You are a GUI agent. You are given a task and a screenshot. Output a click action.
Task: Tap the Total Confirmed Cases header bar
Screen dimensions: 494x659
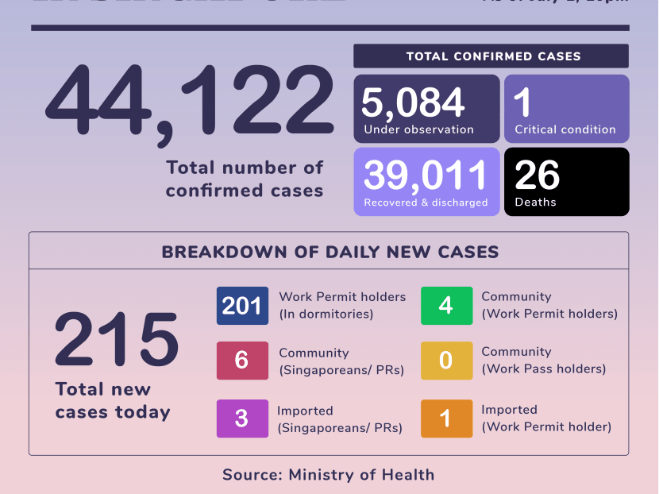coord(491,56)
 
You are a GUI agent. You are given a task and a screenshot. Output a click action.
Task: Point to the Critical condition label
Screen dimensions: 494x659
coord(565,129)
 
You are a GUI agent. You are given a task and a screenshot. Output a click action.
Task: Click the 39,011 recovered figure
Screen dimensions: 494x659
coord(425,176)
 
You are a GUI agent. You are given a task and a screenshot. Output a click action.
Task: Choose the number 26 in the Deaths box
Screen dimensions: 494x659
coord(537,176)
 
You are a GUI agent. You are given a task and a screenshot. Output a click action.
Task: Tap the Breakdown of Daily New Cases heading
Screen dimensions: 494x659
coord(329,253)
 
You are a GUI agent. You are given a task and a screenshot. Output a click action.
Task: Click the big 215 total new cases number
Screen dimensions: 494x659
coord(117,339)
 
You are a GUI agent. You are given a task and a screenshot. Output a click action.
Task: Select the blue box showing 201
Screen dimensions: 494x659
coord(242,306)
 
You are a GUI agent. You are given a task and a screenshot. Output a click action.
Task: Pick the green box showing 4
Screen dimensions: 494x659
coord(446,306)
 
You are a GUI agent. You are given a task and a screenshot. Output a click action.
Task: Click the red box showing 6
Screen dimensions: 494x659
coord(242,361)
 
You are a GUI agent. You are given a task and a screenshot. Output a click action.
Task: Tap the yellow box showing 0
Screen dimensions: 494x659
coord(446,361)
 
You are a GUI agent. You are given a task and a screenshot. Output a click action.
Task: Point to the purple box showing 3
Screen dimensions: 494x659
coord(242,419)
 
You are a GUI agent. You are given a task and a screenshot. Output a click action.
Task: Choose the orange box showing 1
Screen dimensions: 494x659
coord(446,419)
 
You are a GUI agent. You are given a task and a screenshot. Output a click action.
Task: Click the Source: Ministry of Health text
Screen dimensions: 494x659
coord(328,475)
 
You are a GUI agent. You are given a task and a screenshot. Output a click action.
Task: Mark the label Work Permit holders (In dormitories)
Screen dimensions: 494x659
coord(341,305)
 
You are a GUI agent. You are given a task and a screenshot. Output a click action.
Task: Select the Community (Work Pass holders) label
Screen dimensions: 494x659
coord(543,360)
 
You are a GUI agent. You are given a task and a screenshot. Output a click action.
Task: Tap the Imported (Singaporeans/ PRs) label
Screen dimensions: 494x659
coord(339,419)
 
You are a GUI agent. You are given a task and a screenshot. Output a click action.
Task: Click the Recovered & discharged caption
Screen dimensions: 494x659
coord(426,203)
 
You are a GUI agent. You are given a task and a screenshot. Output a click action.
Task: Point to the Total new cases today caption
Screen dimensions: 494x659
coord(113,400)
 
